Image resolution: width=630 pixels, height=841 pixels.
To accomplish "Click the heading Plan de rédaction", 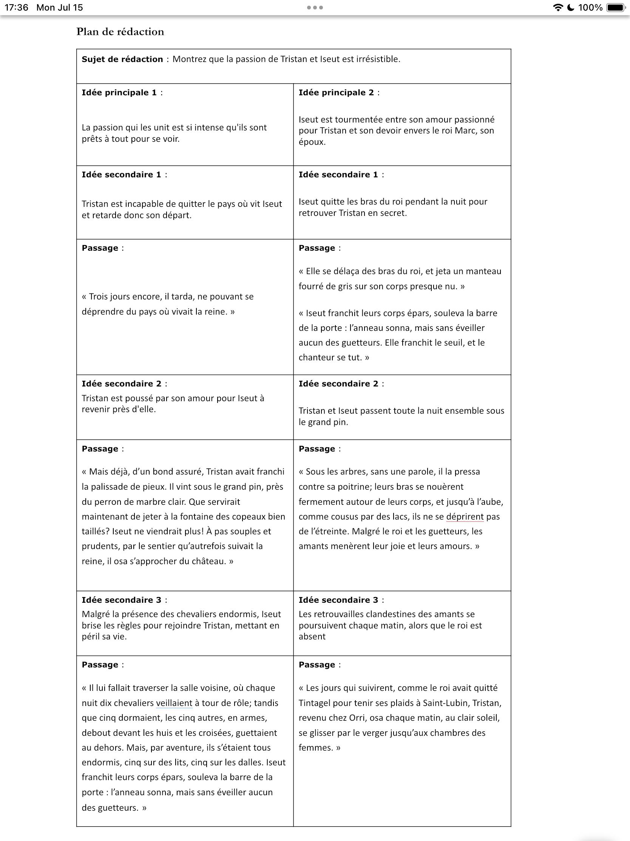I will [x=120, y=31].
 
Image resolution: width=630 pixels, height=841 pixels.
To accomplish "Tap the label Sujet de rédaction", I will [x=122, y=59].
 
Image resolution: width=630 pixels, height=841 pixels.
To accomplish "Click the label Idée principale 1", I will [x=119, y=93].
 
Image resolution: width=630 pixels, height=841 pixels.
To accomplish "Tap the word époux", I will [x=312, y=142].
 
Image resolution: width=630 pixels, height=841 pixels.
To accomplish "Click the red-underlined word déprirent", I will [x=465, y=517].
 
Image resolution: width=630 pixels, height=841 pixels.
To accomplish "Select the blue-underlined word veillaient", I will [x=174, y=703].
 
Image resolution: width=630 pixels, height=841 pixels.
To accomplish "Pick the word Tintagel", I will [x=316, y=703].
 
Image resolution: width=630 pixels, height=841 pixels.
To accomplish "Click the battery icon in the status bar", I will [x=615, y=8].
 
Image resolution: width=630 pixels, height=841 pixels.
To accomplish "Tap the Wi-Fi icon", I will [x=557, y=8].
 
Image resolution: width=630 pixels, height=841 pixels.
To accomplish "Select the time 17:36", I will [x=16, y=8].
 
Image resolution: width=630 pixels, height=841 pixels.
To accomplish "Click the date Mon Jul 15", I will [x=60, y=8].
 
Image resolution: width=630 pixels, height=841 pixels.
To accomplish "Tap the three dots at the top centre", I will [x=315, y=8].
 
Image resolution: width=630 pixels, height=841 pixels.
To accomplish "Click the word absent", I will [x=312, y=637].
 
